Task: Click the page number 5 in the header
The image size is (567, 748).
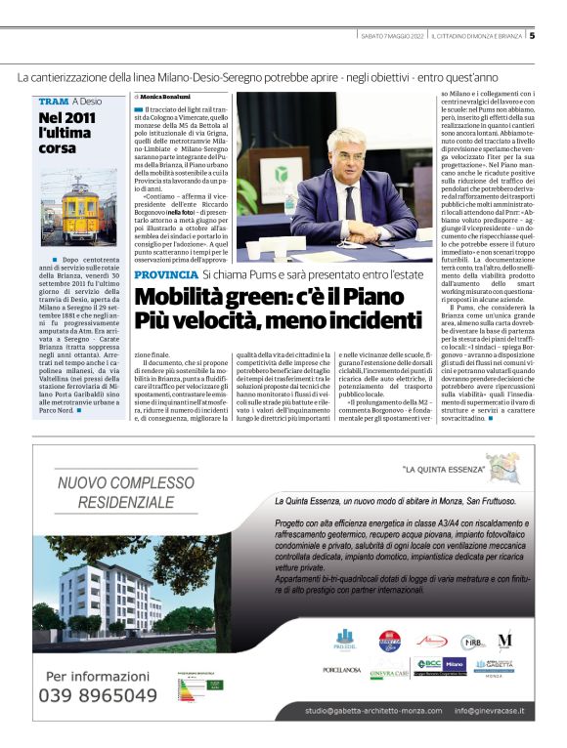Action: tap(533, 37)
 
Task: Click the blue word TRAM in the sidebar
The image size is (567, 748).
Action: tap(53, 102)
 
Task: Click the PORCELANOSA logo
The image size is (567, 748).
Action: tap(343, 670)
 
